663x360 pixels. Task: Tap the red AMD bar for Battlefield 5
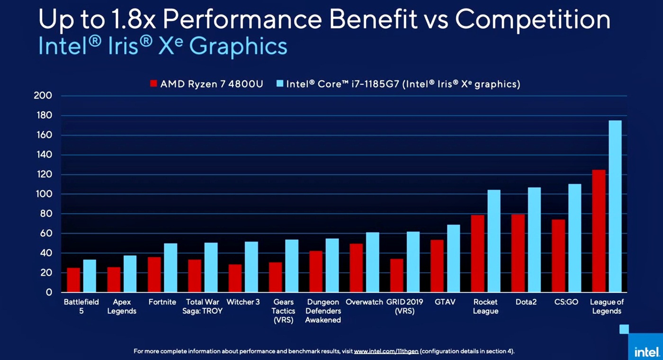tap(73, 280)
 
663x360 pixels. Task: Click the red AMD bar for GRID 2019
tap(397, 275)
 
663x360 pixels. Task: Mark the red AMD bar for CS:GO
tap(558, 256)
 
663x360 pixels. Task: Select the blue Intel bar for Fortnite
tap(170, 268)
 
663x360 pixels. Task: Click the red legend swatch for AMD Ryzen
tap(153, 84)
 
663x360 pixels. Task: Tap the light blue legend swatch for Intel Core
tap(279, 84)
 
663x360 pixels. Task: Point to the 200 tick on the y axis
tap(43, 96)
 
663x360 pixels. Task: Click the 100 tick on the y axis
tap(43, 194)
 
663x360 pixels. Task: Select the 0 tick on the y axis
tap(49, 292)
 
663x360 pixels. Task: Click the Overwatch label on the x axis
tap(364, 302)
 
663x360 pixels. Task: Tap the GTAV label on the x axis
tap(445, 302)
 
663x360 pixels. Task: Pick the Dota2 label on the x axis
tap(526, 302)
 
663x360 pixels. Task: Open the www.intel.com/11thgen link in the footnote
tap(386, 351)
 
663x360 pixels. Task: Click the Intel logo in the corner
tap(646, 352)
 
